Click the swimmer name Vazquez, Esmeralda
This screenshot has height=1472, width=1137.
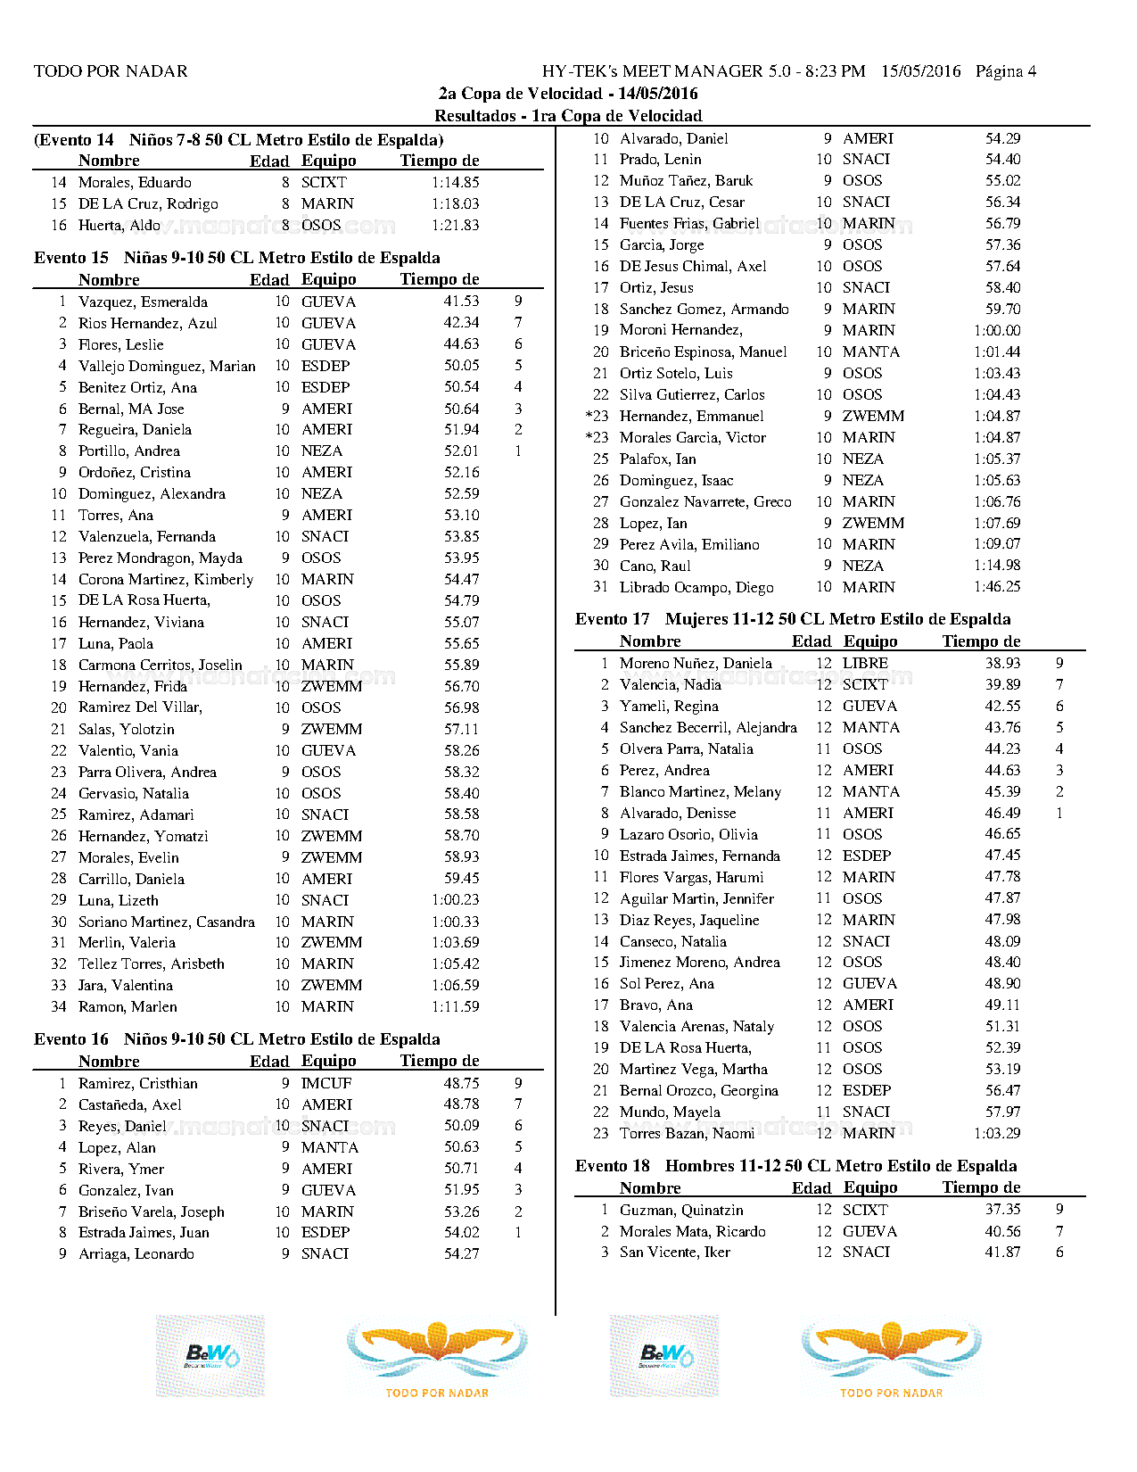pos(143,302)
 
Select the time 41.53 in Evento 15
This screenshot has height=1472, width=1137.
pos(461,302)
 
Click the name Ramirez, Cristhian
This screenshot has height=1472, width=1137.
pos(138,1083)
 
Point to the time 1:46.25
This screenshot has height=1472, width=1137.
pos(997,587)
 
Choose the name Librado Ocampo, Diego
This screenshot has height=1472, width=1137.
pos(696,587)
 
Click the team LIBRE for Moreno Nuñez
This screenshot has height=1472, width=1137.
pos(865,663)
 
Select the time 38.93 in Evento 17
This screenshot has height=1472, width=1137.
pos(1002,663)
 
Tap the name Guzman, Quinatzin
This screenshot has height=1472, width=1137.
pos(681,1210)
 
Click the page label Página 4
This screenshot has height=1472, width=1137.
pos(1005,71)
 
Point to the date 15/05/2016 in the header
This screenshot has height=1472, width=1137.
pos(920,71)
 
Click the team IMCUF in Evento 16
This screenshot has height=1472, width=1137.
pos(326,1083)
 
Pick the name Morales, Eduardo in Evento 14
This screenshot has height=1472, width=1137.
pos(135,182)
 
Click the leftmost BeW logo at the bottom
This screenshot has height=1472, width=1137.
pos(210,1355)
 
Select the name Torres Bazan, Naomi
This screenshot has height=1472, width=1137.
pos(687,1133)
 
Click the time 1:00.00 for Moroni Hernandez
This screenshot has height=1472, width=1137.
pos(997,330)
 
